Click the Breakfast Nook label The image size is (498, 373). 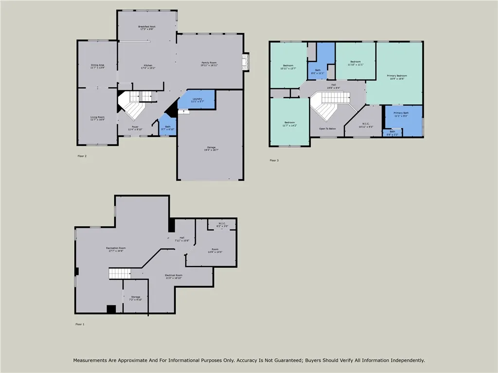click(146, 28)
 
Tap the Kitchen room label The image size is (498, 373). click(148, 67)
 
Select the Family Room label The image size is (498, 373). click(210, 64)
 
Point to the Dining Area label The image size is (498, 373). click(97, 66)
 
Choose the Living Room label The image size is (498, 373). click(97, 118)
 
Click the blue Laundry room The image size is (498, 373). click(197, 100)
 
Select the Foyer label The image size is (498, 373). click(135, 128)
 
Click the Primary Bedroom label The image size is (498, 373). click(397, 77)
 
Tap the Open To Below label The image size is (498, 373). click(327, 129)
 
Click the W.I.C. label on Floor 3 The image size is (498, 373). click(365, 125)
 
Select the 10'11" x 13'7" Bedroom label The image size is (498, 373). click(288, 67)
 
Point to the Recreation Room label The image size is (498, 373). click(115, 249)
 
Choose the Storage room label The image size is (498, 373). click(135, 298)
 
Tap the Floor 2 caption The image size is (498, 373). click(82, 156)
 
